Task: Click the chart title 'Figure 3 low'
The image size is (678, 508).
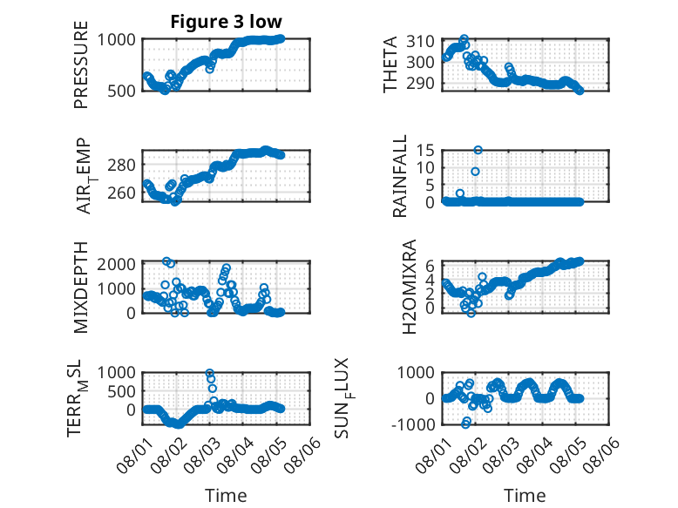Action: click(226, 22)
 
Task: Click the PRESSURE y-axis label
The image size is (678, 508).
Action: click(81, 64)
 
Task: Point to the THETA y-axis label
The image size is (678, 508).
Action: click(390, 64)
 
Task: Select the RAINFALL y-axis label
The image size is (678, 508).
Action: click(400, 175)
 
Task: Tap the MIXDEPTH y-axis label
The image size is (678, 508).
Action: click(81, 288)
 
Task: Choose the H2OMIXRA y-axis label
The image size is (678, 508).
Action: click(409, 287)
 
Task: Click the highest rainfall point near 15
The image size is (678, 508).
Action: click(478, 150)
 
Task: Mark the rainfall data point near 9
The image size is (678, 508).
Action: click(475, 172)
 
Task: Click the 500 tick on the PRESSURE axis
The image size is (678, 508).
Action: click(121, 91)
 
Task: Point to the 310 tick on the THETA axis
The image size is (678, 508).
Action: click(420, 42)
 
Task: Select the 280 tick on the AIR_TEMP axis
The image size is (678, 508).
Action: click(121, 165)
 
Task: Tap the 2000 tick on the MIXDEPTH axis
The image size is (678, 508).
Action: click(116, 264)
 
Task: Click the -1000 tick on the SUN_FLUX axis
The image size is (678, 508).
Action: click(413, 424)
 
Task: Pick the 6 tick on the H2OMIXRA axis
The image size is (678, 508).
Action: click(430, 266)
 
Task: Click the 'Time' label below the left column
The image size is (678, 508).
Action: click(226, 496)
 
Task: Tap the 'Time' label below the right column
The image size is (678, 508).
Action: click(525, 496)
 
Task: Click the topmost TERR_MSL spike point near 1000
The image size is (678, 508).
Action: click(210, 373)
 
